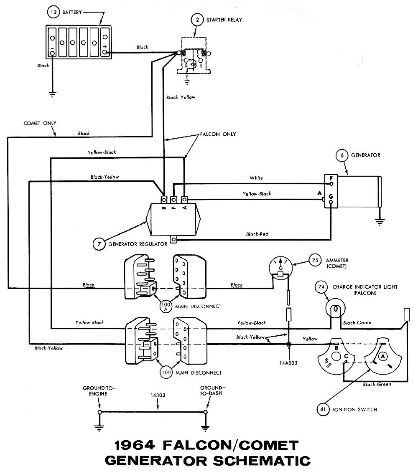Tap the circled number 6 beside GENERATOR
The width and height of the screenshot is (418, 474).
point(342,155)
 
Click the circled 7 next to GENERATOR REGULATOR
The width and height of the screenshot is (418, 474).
point(99,244)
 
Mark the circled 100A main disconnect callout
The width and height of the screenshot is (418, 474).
point(165,307)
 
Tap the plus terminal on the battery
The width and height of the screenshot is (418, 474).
point(105,48)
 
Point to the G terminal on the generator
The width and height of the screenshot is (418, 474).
point(331,200)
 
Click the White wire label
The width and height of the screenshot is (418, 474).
point(256,178)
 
